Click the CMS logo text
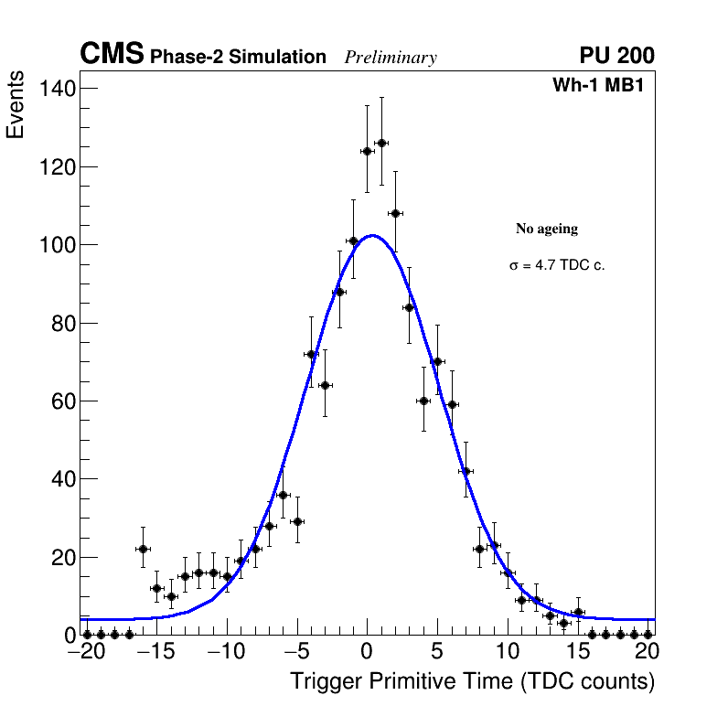coord(112,55)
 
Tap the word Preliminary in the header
coord(391,58)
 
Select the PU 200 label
coord(616,56)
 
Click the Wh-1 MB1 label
coord(603,86)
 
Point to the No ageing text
coord(547,229)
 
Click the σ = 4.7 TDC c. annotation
coord(557,266)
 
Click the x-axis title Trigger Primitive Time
coord(472,682)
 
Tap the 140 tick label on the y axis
coord(56,89)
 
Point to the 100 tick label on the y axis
coord(56,245)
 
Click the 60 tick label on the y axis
coord(61,401)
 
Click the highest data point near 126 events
coord(381,143)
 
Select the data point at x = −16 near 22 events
coord(143,549)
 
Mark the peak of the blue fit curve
coord(372,236)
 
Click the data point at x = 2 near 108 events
coord(395,213)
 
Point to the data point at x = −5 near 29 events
coord(297,521)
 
